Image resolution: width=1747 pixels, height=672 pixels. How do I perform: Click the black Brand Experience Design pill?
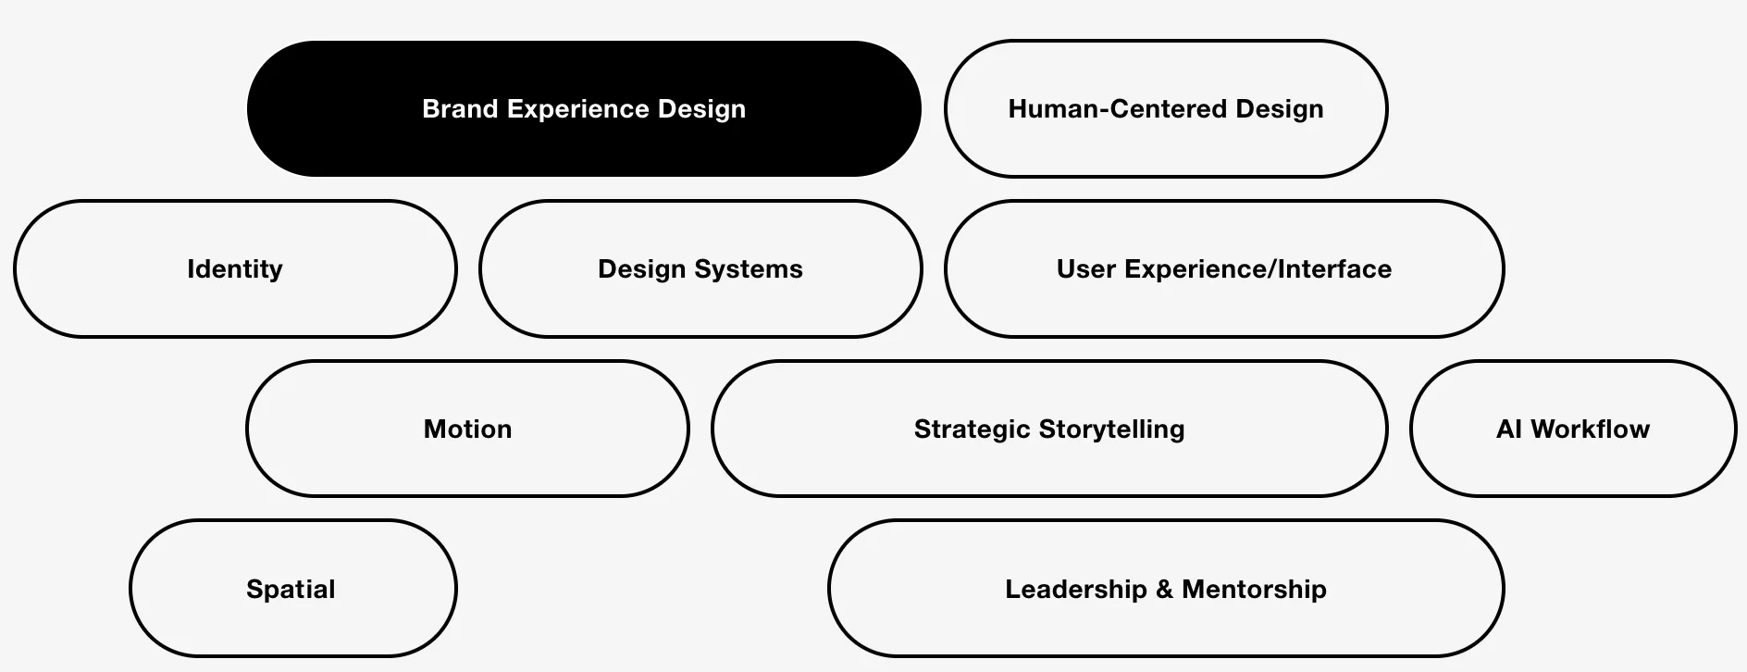(x=583, y=108)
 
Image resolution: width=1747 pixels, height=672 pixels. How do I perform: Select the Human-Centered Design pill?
(x=1165, y=108)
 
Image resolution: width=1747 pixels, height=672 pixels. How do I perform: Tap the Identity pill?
(x=235, y=268)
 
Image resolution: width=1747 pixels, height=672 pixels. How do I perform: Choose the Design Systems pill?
(x=700, y=268)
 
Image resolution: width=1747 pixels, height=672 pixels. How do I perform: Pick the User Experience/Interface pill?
(x=1223, y=268)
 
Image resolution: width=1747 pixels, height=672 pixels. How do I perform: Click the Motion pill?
(x=467, y=429)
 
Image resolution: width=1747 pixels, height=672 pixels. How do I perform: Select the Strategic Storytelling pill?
(x=1048, y=429)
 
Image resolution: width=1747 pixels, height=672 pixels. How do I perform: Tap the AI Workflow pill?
(x=1572, y=429)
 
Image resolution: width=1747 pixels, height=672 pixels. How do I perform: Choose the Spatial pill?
(x=291, y=589)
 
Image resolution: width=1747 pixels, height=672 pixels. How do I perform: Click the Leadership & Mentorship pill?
(x=1165, y=589)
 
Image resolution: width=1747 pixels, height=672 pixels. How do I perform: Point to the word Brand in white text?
(x=460, y=108)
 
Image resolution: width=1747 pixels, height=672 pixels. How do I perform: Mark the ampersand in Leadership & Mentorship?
(x=1164, y=590)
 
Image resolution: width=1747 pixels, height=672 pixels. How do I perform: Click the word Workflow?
(x=1590, y=429)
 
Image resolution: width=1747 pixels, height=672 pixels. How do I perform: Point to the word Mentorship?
(x=1254, y=590)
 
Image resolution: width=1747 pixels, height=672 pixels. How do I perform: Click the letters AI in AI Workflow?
(x=1509, y=429)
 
